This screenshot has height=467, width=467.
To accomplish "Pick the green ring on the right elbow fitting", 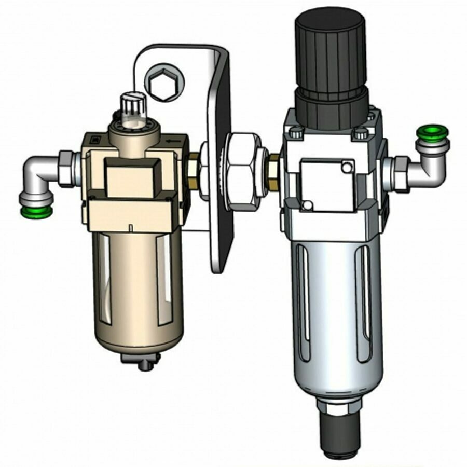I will coord(433,132).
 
